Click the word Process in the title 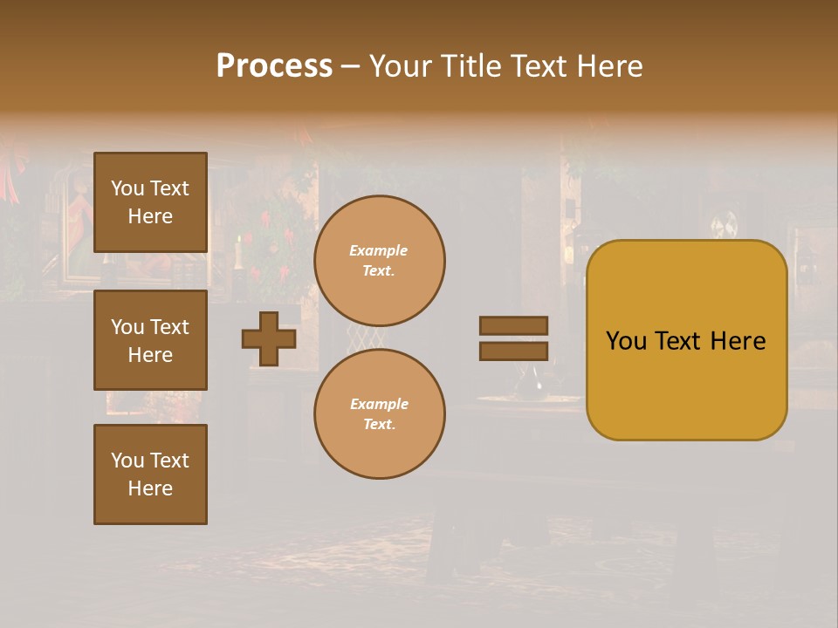coord(274,66)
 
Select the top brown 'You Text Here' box coord(150,202)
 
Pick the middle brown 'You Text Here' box coord(150,340)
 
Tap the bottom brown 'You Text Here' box coord(150,474)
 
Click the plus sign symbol coord(269,339)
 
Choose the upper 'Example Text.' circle coord(380,261)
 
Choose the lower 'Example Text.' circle coord(380,414)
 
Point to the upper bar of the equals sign coord(513,326)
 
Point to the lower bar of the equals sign coord(513,352)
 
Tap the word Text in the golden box coord(686,341)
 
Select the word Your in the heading coord(397,66)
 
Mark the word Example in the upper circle coord(379,251)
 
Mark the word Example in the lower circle coord(379,405)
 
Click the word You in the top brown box coord(127,188)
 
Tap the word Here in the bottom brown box coord(150,488)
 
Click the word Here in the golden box coord(738,341)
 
